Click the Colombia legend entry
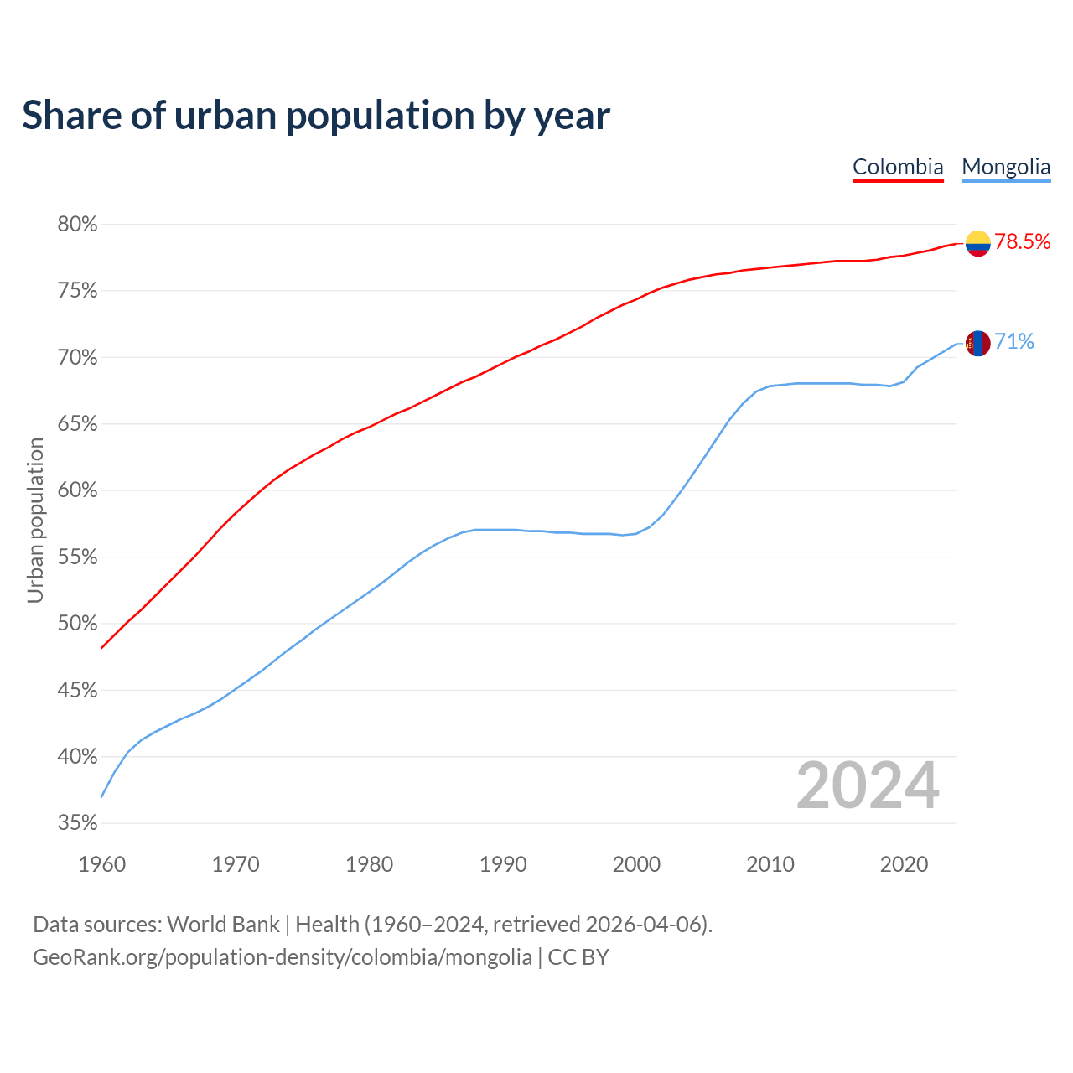coord(898,167)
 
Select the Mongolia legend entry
coord(1006,167)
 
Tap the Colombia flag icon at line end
coord(977,243)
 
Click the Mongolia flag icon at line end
coord(977,343)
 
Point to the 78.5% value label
coord(1023,242)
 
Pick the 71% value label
coord(1014,342)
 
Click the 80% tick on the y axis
coord(77,225)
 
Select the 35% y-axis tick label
coord(77,823)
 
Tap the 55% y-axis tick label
coord(77,557)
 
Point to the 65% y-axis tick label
coord(77,424)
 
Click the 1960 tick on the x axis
coord(101,864)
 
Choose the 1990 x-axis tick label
coord(503,864)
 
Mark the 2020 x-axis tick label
coord(904,864)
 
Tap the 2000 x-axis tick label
coord(636,864)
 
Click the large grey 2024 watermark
coord(868,786)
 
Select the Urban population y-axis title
coord(35,520)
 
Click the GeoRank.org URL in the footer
coord(282,957)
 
